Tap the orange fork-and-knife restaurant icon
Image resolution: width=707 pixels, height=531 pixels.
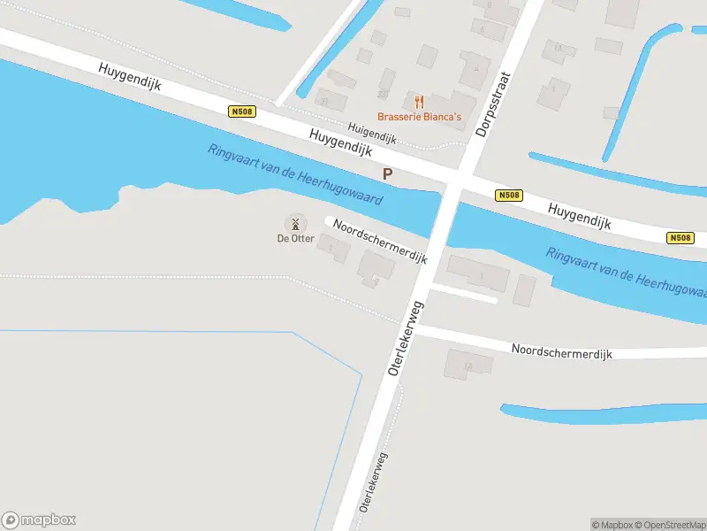pyautogui.click(x=419, y=102)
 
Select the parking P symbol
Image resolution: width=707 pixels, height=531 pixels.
pyautogui.click(x=387, y=174)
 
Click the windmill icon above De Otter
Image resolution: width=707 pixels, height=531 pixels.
pyautogui.click(x=295, y=222)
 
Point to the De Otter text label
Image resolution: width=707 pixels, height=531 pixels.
pyautogui.click(x=295, y=238)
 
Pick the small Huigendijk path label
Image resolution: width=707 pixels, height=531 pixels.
pyautogui.click(x=371, y=134)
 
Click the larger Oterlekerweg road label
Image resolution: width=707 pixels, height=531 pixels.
pyautogui.click(x=407, y=337)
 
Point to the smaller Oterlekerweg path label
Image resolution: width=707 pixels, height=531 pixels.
pyautogui.click(x=374, y=482)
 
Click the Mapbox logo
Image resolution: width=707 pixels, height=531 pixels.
pyautogui.click(x=39, y=520)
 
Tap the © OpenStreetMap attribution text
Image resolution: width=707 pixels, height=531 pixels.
pyautogui.click(x=669, y=525)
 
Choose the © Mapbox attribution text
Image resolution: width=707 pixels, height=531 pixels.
pyautogui.click(x=611, y=525)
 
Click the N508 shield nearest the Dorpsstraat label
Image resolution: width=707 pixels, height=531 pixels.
pyautogui.click(x=508, y=196)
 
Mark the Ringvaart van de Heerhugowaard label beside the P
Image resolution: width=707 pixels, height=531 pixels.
pyautogui.click(x=295, y=174)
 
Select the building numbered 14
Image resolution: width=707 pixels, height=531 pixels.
pyautogui.click(x=468, y=363)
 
